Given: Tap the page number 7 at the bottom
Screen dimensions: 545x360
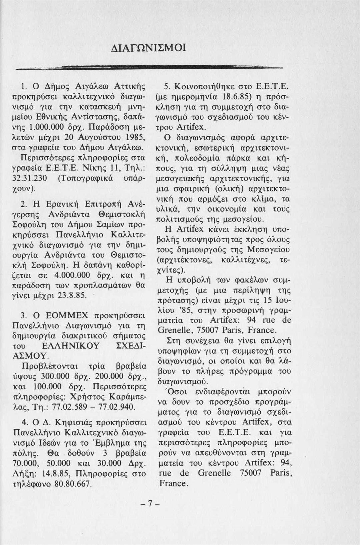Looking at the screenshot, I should tap(150, 504).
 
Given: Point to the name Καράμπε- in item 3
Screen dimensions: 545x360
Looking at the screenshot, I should tap(127, 397).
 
